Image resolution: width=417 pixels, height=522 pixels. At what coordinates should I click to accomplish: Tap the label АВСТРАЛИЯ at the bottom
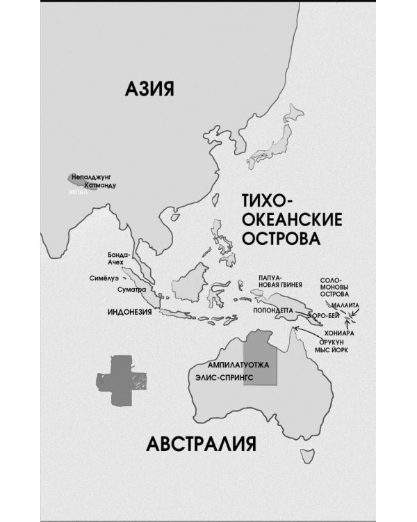point(202,443)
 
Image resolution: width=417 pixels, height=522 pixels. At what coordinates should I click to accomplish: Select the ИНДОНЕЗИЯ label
point(130,312)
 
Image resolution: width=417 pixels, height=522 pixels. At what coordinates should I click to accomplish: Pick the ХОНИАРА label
point(341,333)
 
